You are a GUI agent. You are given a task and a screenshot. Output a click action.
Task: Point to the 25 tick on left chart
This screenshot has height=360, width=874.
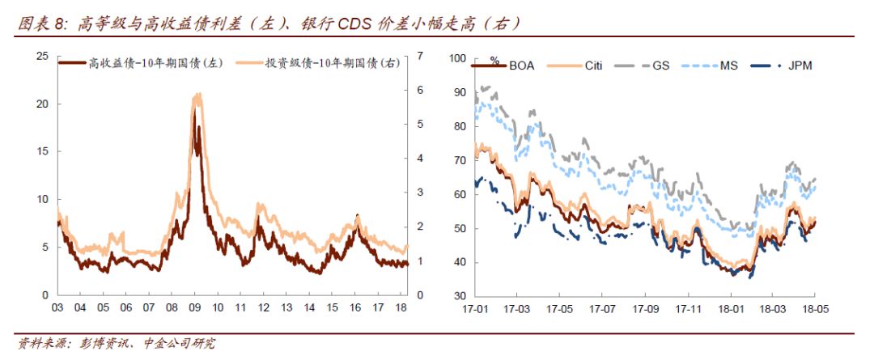click(x=43, y=57)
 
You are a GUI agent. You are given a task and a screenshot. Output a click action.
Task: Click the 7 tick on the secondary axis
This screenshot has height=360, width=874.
click(x=420, y=57)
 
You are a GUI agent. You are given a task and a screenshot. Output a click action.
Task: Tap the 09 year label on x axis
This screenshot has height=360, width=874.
click(x=194, y=308)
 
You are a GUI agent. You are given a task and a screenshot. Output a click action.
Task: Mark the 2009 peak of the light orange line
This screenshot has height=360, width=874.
click(x=197, y=95)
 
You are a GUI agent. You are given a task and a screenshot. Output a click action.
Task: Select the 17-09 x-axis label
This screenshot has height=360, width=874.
click(x=644, y=308)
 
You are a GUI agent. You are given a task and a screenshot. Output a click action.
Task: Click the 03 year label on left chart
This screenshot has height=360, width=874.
click(x=57, y=308)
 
